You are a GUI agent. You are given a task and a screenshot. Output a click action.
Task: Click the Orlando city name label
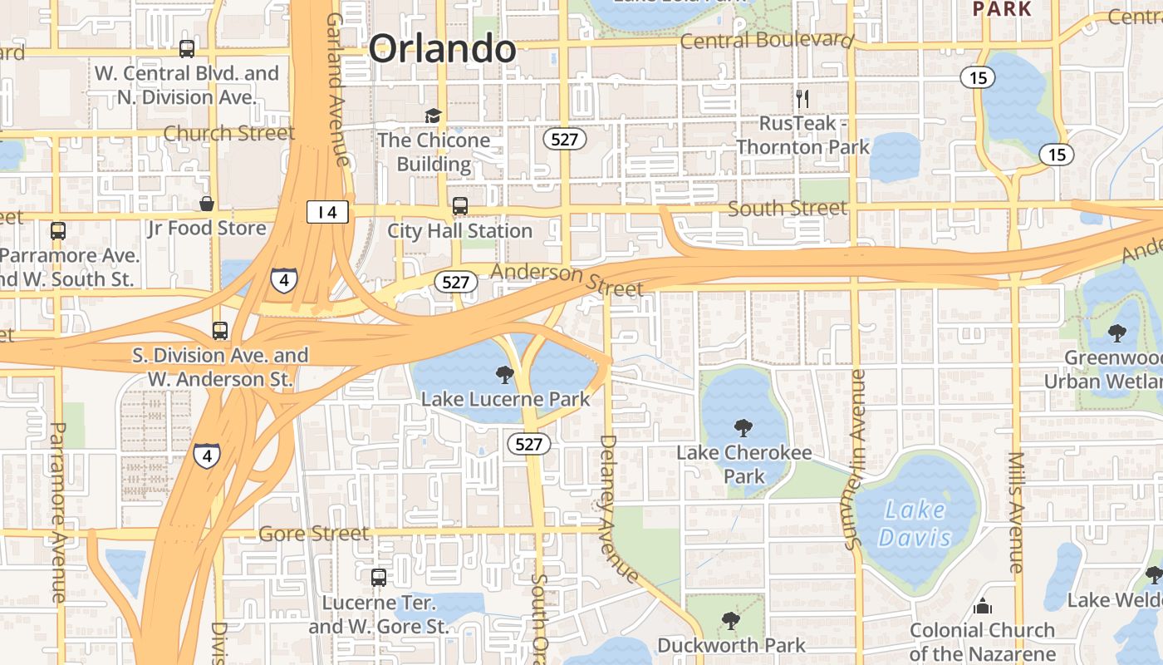(x=442, y=49)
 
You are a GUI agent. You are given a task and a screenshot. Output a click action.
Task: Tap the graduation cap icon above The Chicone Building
(x=433, y=116)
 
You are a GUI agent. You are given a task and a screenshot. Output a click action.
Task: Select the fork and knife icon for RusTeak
(x=802, y=99)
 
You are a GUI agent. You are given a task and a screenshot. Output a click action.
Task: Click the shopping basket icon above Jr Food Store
(x=207, y=204)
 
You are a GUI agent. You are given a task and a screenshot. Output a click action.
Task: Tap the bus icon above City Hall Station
(x=459, y=205)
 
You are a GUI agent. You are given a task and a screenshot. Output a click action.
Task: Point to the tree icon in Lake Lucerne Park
(x=504, y=375)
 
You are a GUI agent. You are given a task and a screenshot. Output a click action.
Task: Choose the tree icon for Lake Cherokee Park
(x=743, y=428)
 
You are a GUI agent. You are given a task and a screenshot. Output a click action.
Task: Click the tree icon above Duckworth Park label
(x=730, y=620)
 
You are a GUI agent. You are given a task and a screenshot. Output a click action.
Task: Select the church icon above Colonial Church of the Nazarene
(x=983, y=605)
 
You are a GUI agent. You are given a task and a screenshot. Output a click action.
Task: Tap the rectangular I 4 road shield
(x=327, y=212)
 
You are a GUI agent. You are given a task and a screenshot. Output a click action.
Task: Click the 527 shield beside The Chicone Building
(x=565, y=139)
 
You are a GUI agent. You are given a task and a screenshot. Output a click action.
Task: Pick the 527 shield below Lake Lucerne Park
(x=528, y=444)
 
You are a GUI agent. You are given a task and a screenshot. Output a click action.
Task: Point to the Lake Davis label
(x=915, y=523)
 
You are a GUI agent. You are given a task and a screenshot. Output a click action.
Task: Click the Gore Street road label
(x=313, y=533)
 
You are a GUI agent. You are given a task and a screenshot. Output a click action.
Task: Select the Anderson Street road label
(x=567, y=279)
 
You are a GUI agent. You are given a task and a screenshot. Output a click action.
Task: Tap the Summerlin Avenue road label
(x=856, y=460)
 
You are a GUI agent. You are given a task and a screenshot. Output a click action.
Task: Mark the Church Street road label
(x=228, y=133)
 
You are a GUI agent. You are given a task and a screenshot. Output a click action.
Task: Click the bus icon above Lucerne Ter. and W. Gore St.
(x=378, y=577)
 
